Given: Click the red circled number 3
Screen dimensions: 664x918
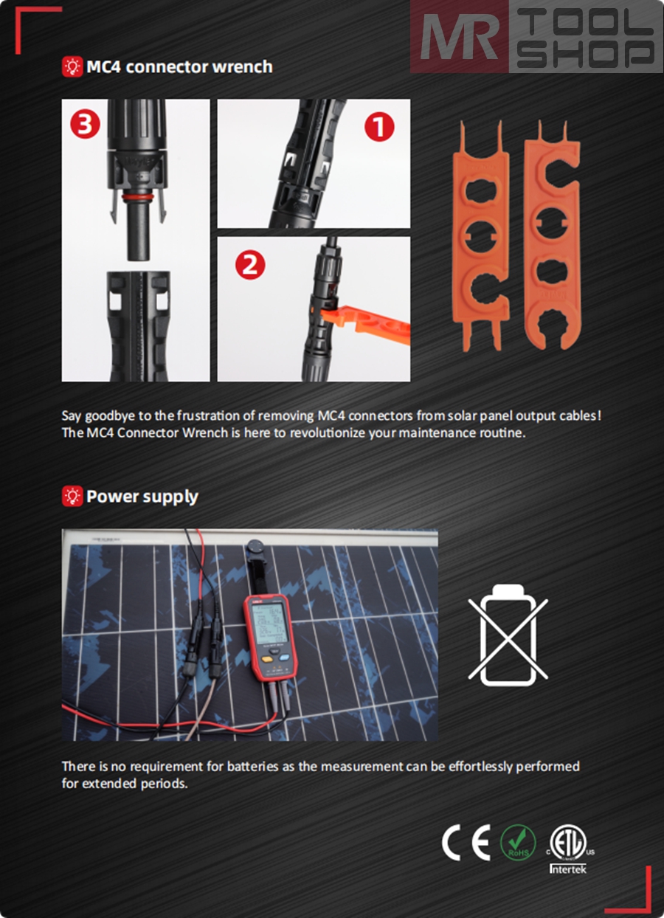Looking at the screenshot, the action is (x=85, y=123).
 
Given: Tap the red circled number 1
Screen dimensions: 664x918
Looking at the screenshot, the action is (x=379, y=127).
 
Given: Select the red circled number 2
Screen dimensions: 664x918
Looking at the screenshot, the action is (x=250, y=265).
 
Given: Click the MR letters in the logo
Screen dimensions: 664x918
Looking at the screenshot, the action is (x=460, y=37).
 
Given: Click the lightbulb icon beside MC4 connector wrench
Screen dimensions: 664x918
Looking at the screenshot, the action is (x=72, y=67).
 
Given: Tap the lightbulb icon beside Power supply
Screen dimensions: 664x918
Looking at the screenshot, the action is (x=72, y=497).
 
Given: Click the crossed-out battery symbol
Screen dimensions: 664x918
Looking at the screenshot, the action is (x=508, y=635).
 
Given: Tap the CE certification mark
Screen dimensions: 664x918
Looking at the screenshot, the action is (x=466, y=842).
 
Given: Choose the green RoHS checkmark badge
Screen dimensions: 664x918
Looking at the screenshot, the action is (x=518, y=842).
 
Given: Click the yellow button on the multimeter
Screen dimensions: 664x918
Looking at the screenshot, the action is (x=267, y=660).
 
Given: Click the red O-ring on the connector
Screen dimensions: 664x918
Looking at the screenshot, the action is (x=138, y=199).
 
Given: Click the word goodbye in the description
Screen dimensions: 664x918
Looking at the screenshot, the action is (x=110, y=416).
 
